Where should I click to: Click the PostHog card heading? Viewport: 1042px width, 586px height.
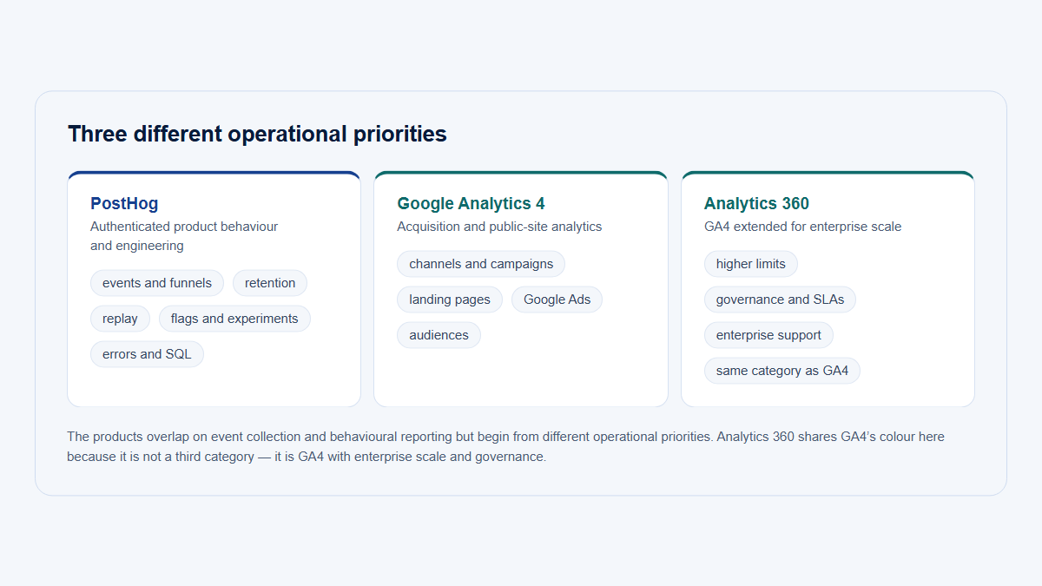pyautogui.click(x=124, y=203)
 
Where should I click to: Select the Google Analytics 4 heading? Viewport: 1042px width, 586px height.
pyautogui.click(x=471, y=203)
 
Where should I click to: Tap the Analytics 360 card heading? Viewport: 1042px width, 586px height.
pyautogui.click(x=756, y=203)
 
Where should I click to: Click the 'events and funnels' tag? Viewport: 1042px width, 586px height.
pyautogui.click(x=157, y=283)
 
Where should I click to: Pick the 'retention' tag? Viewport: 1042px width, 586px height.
pyautogui.click(x=270, y=283)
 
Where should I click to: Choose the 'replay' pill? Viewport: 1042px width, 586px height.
pyautogui.click(x=120, y=319)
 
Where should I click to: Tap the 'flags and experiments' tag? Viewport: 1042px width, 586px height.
pyautogui.click(x=234, y=319)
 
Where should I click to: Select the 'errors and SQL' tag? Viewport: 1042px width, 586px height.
pyautogui.click(x=147, y=354)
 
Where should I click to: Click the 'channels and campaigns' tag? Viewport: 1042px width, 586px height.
pyautogui.click(x=481, y=264)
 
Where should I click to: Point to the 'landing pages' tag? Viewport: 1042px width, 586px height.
pyautogui.click(x=450, y=300)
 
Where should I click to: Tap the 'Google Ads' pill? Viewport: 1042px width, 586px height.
pyautogui.click(x=557, y=300)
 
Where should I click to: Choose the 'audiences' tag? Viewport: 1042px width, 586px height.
pyautogui.click(x=439, y=335)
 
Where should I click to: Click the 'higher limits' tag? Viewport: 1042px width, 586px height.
pyautogui.click(x=751, y=264)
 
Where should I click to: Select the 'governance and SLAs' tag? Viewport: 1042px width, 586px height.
pyautogui.click(x=780, y=300)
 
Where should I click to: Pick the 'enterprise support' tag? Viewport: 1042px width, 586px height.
pyautogui.click(x=768, y=335)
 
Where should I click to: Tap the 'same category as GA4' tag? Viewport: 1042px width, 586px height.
pyautogui.click(x=782, y=371)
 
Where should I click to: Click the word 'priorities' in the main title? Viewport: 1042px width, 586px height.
pyautogui.click(x=400, y=135)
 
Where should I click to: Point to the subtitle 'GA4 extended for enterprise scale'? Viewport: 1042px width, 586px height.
pyautogui.click(x=802, y=227)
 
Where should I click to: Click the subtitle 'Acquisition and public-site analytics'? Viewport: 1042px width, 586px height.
pyautogui.click(x=499, y=227)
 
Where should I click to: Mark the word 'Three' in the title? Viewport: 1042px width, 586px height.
pyautogui.click(x=97, y=134)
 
